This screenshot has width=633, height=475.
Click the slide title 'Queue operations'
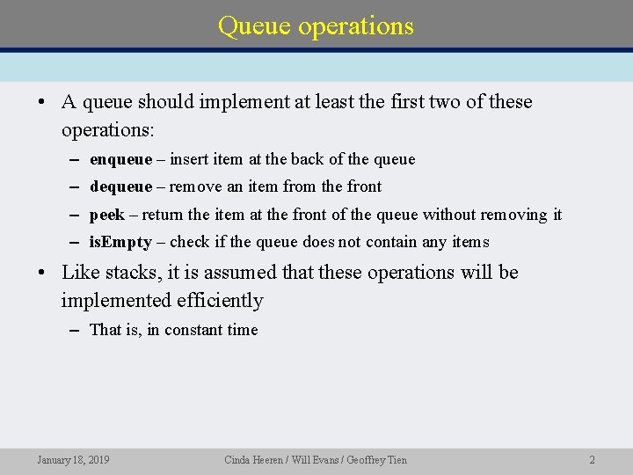pyautogui.click(x=316, y=26)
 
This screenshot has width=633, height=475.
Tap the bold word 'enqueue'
pyautogui.click(x=120, y=159)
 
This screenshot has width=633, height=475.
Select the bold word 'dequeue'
pyautogui.click(x=120, y=186)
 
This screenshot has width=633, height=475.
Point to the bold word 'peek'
pyautogui.click(x=107, y=215)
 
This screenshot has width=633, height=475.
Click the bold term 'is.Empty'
pyautogui.click(x=120, y=242)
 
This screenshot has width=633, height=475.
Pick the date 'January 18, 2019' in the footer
pyautogui.click(x=73, y=459)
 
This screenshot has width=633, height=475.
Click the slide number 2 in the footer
pyautogui.click(x=592, y=459)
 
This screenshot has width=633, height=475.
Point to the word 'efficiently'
pyautogui.click(x=219, y=301)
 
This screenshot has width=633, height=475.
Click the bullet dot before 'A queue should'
pyautogui.click(x=42, y=102)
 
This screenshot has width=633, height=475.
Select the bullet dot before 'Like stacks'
pyautogui.click(x=42, y=273)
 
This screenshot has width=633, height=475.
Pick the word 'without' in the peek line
pyautogui.click(x=450, y=215)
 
